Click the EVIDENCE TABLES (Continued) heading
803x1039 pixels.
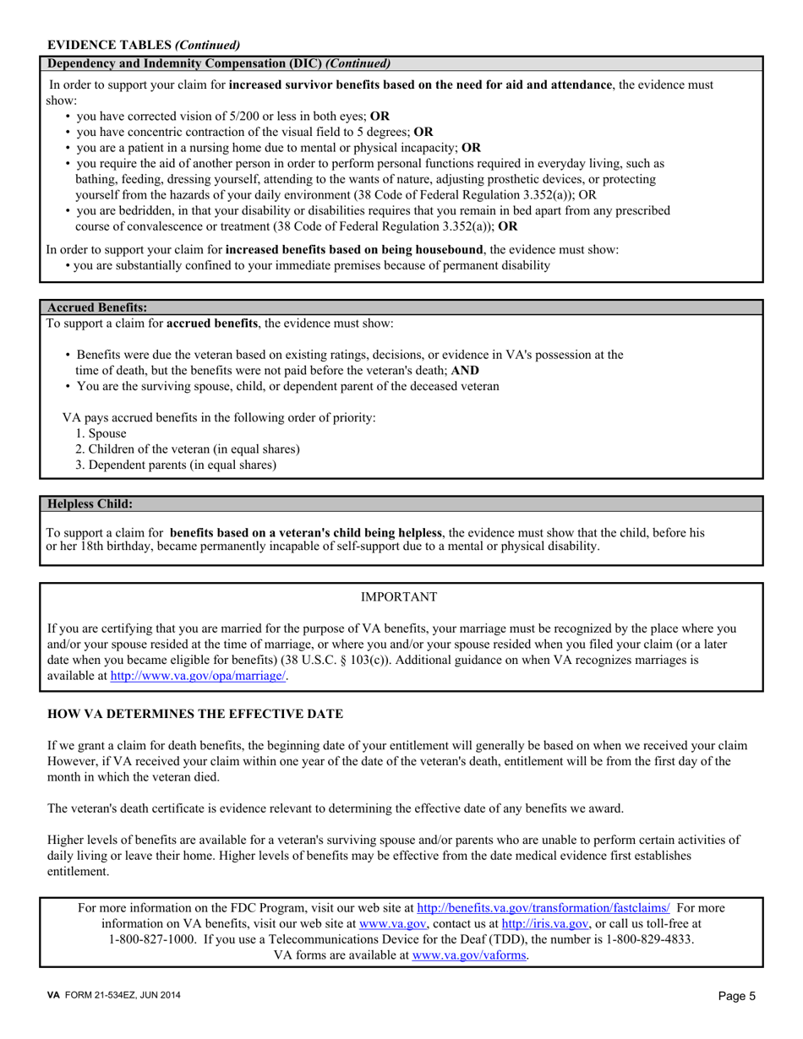(144, 45)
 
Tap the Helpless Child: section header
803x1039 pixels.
(90, 503)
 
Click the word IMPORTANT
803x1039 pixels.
(399, 597)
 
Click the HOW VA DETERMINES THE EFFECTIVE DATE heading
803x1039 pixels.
(195, 714)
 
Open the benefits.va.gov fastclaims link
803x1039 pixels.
(544, 908)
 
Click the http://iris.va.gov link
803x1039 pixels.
(545, 924)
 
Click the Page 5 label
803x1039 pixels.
(737, 996)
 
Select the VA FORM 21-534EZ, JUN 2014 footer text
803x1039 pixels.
(113, 996)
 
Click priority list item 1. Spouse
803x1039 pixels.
(101, 433)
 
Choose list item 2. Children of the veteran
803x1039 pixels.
(187, 449)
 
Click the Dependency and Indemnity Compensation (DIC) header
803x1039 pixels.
(219, 63)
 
